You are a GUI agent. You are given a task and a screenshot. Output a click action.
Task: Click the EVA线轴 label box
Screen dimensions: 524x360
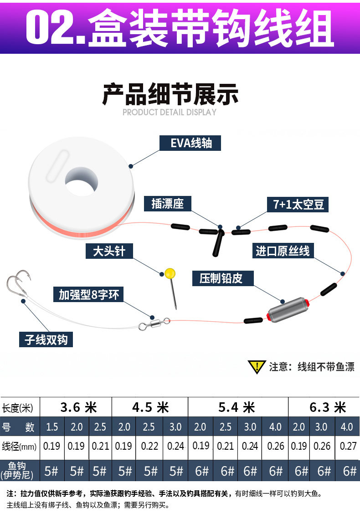191,143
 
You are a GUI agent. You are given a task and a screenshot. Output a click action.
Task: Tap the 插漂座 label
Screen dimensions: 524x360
167,204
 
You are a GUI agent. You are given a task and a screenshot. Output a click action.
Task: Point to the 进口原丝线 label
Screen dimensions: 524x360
283,251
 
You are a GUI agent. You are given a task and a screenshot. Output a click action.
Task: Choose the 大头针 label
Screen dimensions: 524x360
109,251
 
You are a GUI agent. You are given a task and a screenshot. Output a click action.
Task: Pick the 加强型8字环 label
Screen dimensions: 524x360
88,295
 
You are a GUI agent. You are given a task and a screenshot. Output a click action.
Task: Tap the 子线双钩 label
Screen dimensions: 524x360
46,340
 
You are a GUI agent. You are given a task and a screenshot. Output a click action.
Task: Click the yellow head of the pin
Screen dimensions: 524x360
170,273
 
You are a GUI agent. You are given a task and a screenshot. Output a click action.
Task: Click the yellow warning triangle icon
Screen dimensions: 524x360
257,367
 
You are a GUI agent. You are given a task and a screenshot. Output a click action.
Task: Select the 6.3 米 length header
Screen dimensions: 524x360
328,407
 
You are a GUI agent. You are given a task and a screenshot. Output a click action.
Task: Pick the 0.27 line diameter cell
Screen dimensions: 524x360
349,446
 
